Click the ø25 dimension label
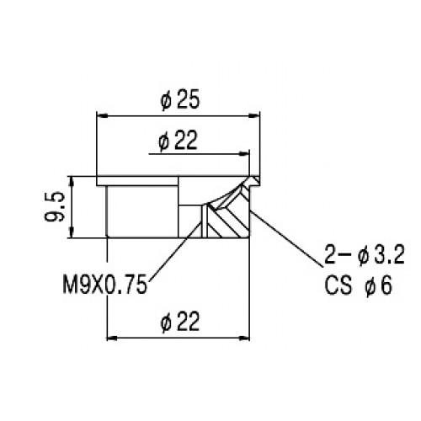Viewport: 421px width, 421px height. [x=180, y=99]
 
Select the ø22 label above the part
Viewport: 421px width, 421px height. [x=178, y=140]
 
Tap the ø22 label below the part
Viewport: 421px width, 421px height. [x=180, y=322]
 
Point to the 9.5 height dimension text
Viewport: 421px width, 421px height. [x=55, y=206]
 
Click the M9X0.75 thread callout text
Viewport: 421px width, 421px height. [x=105, y=284]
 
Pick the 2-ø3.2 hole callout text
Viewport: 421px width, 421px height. [x=365, y=254]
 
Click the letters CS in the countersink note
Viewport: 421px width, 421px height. [x=338, y=286]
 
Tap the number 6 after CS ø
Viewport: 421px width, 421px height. [x=386, y=286]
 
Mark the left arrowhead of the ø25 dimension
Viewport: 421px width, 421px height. [x=103, y=115]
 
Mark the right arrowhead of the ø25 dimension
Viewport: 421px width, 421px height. [x=253, y=115]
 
